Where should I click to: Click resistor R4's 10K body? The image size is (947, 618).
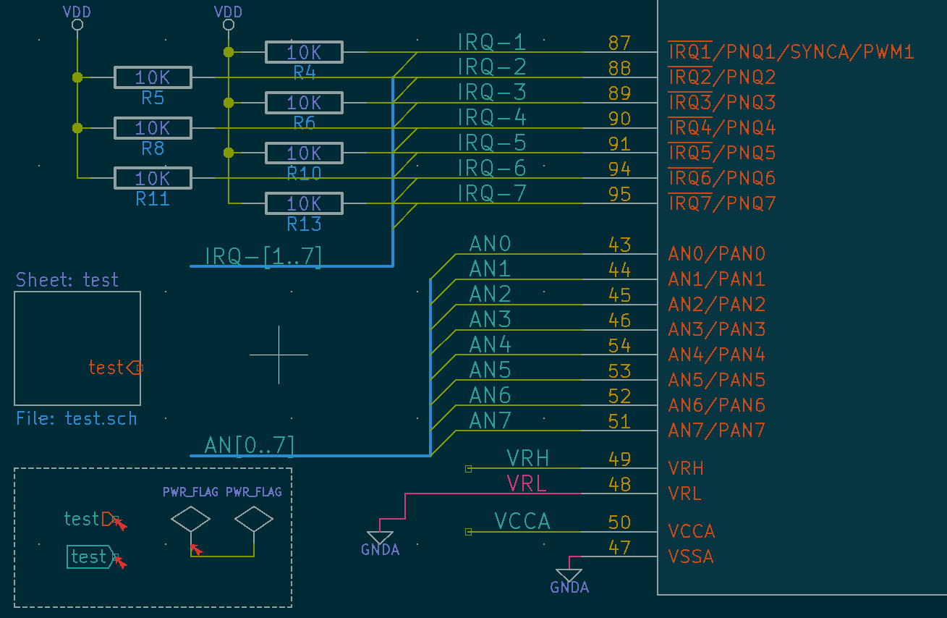point(304,52)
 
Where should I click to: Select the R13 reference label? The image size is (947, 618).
point(304,224)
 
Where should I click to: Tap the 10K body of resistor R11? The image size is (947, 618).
point(153,178)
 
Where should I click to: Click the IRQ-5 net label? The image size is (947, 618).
point(492,142)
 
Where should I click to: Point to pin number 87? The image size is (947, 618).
point(619,43)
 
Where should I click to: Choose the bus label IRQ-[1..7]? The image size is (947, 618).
point(263,256)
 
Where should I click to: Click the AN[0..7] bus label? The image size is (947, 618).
point(249,446)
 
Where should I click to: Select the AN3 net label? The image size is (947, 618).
point(490,319)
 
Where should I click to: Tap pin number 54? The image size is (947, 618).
point(619,346)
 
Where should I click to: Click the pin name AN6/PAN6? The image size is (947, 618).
point(717,405)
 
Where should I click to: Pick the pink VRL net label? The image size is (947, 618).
point(527,483)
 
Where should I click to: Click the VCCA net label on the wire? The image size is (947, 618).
point(522,521)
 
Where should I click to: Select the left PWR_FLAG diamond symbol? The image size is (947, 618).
point(191,519)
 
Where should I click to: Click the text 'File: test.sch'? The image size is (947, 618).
point(77,419)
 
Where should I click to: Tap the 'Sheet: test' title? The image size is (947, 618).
point(67,280)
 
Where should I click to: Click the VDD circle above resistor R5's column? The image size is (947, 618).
point(77,25)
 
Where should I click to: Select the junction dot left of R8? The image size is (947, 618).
point(77,128)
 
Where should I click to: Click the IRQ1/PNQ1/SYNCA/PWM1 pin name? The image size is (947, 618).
point(791,52)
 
